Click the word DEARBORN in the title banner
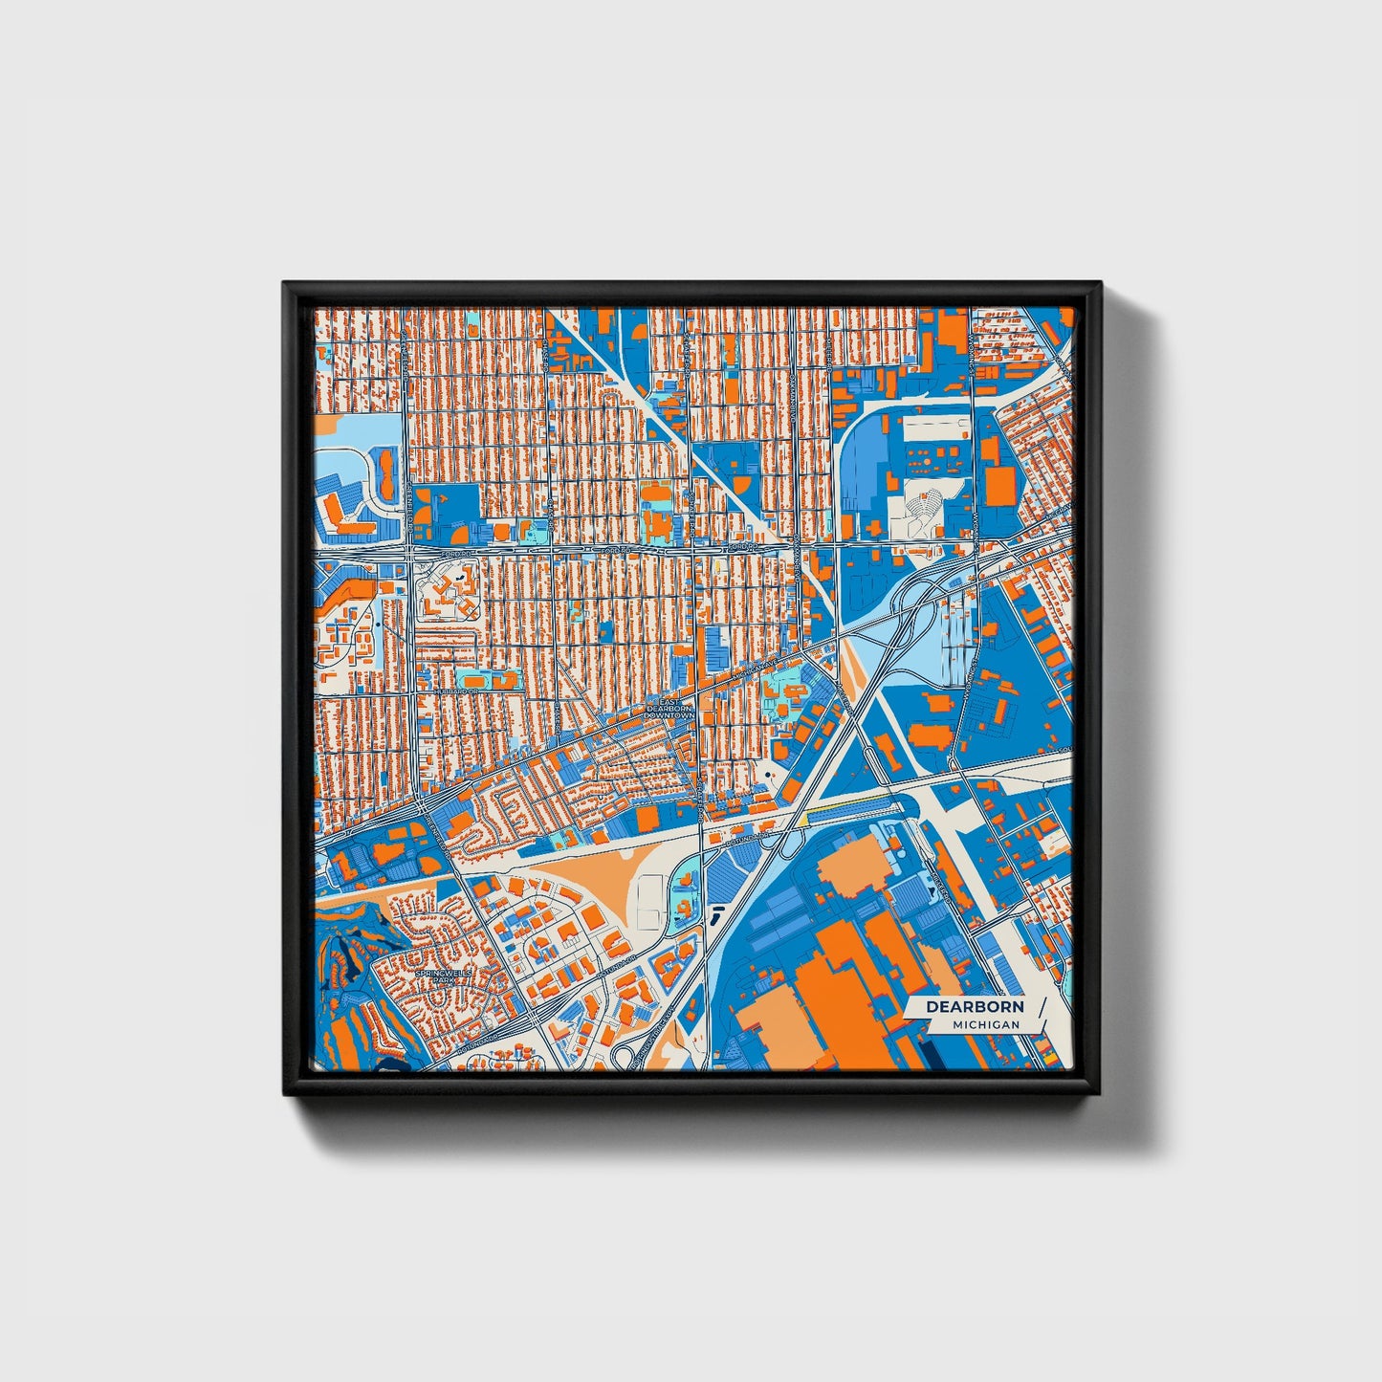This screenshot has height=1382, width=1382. pos(975,1006)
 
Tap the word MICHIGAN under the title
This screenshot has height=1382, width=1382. pos(985,1024)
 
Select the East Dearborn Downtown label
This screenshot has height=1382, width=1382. pos(669,709)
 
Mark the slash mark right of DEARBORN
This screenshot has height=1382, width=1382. pos(1040,1013)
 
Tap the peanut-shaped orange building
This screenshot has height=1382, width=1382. pos(386,475)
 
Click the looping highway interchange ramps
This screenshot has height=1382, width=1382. pos(904,612)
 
